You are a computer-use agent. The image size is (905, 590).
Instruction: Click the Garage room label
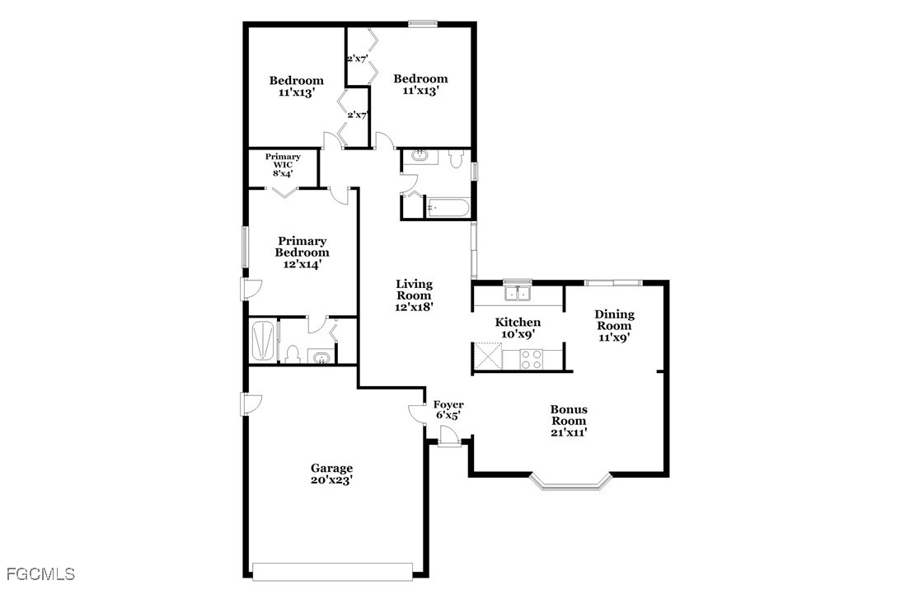pos(331,474)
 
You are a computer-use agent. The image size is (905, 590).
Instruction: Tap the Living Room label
pos(414,295)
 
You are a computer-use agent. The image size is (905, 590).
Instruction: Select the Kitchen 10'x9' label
pos(518,328)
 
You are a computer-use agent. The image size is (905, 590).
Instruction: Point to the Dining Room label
pos(614,325)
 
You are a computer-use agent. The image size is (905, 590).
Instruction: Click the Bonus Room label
pos(569,420)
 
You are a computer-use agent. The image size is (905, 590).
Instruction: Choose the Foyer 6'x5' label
pos(448,410)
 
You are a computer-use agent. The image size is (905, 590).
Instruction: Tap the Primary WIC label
pos(283,165)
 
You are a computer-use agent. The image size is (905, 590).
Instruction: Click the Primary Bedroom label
pos(302,253)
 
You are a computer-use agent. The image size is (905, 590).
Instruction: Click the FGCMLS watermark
pos(40,573)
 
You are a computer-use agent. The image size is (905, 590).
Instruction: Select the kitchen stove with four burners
pos(531,359)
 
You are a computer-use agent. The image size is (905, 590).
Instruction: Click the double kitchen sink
pos(517,293)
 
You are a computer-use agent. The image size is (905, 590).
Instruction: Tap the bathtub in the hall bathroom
pos(448,208)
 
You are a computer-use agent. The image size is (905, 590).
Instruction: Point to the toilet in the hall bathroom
pos(457,159)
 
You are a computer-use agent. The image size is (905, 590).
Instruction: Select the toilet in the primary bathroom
pos(293,354)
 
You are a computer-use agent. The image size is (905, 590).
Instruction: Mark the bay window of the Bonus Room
pos(570,482)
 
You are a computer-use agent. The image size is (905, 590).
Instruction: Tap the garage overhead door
pos(332,571)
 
